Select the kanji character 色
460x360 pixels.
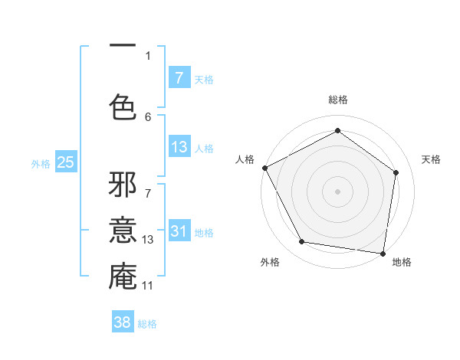(123, 107)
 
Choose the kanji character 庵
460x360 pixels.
(123, 277)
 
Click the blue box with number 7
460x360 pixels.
(179, 78)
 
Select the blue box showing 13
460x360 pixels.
(179, 147)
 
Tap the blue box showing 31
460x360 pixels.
(179, 231)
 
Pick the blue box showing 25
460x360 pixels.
(65, 162)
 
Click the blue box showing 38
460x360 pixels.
(123, 322)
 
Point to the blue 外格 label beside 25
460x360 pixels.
(41, 163)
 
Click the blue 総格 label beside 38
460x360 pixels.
(147, 324)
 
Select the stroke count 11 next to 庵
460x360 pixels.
(148, 286)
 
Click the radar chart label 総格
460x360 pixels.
(337, 100)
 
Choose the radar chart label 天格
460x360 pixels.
(431, 159)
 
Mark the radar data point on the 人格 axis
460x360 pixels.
(264, 168)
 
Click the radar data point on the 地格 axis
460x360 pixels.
(383, 253)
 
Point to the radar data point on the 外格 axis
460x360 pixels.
(301, 242)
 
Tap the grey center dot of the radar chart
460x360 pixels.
(337, 191)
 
